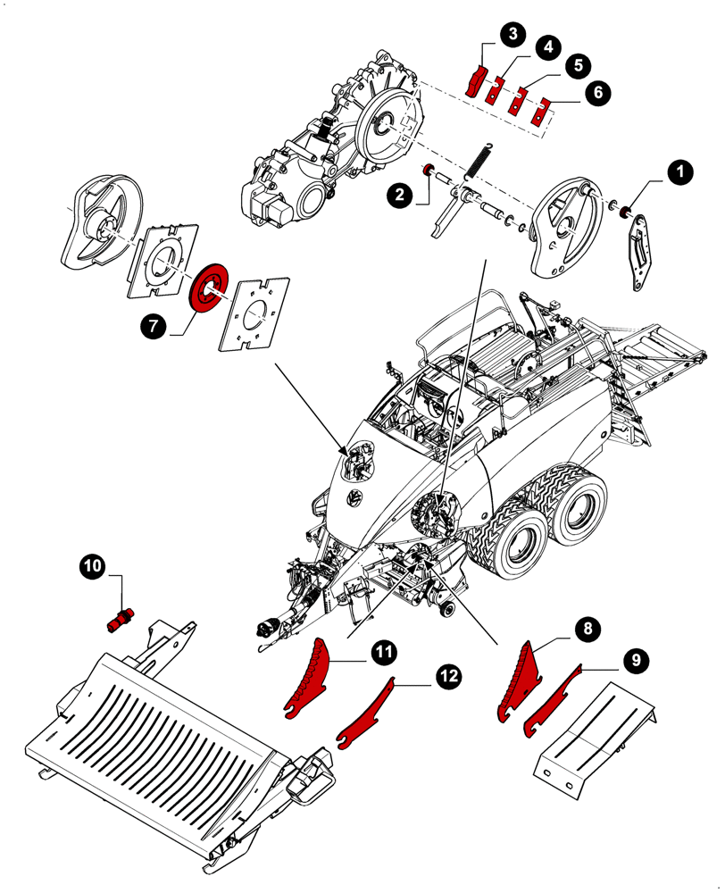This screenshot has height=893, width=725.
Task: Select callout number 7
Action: tap(154, 328)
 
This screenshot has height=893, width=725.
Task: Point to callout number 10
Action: tap(94, 565)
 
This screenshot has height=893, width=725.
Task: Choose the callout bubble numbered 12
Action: tap(450, 678)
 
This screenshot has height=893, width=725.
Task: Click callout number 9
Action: tap(636, 661)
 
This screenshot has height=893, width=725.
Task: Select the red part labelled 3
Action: tap(476, 79)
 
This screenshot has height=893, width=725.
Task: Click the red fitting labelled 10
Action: tap(120, 618)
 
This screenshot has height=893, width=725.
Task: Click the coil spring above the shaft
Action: tap(478, 164)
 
